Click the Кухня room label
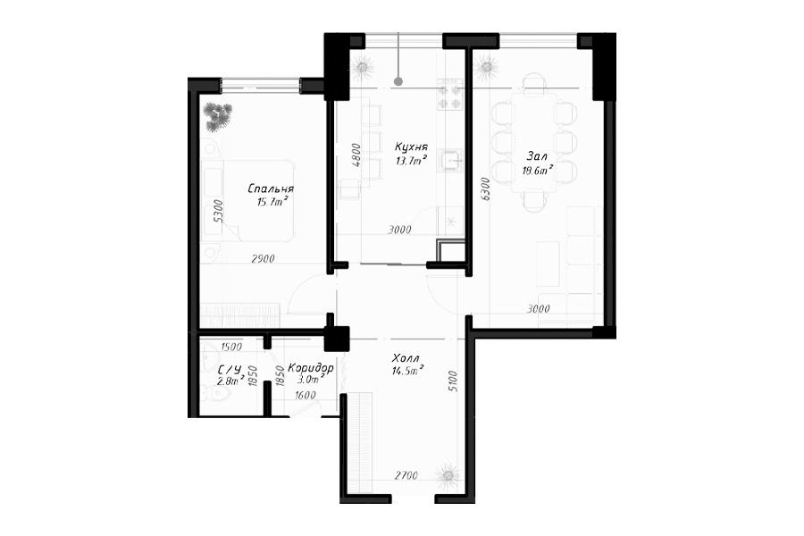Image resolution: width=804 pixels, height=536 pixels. (411, 147)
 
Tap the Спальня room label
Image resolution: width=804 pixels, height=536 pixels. (270, 188)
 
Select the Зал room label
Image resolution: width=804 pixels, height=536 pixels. (537, 156)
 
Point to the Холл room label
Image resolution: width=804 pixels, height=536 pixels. (405, 357)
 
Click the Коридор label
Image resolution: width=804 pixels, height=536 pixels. (311, 368)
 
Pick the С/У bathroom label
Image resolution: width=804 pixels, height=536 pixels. (229, 369)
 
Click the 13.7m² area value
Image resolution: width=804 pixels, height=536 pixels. (411, 161)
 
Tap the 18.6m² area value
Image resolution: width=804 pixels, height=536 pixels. (538, 171)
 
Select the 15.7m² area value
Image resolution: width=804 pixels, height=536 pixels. (272, 202)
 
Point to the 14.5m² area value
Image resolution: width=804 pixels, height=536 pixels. (407, 371)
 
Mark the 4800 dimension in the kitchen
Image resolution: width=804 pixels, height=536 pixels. (356, 155)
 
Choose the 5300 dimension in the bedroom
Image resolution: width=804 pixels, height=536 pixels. (219, 210)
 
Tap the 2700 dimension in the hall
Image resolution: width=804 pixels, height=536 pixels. (406, 475)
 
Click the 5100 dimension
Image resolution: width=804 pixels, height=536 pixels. (452, 381)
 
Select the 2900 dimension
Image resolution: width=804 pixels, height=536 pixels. (263, 259)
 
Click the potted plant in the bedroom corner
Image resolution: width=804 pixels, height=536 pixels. (217, 116)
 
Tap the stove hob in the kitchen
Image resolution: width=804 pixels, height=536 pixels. (449, 95)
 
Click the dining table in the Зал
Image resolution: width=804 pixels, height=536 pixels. (534, 143)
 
